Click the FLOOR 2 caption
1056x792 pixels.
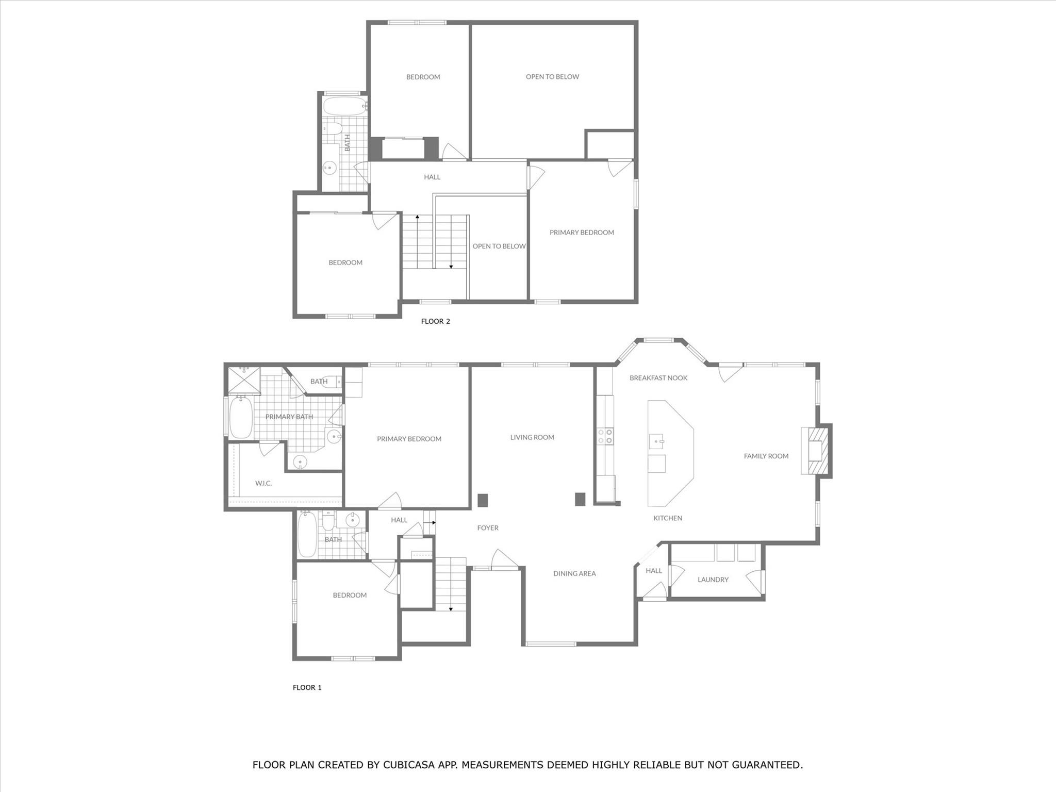coord(435,321)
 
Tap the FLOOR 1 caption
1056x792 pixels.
coord(307,687)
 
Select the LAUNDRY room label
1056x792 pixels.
coord(713,580)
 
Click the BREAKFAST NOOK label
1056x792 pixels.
coord(658,378)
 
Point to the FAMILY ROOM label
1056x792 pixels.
coord(766,456)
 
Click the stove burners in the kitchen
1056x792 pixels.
coord(605,436)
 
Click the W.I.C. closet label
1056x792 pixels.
coord(263,483)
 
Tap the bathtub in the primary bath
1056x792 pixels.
coord(240,417)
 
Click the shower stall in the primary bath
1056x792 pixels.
coord(244,380)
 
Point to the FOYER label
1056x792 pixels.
coord(487,528)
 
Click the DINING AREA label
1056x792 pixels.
coord(574,573)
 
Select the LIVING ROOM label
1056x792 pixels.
coord(532,437)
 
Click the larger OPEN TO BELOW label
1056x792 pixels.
coord(552,77)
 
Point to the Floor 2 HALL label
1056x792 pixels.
coord(432,177)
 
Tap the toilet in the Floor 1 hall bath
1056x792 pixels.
coord(328,522)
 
